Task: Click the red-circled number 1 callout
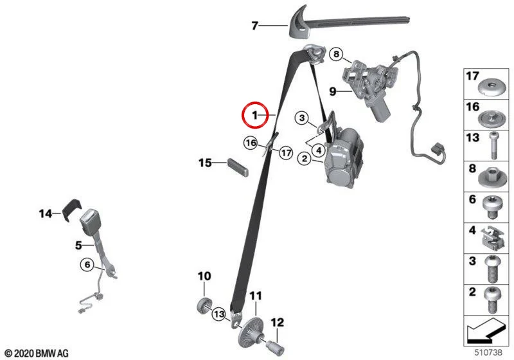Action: (x=255, y=115)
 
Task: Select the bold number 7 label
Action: (x=255, y=26)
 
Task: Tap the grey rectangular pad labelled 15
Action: (x=238, y=167)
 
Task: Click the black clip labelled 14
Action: (x=72, y=209)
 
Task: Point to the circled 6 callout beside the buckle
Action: (x=87, y=264)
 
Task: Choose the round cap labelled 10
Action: (x=204, y=305)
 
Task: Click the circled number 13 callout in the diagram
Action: (x=219, y=314)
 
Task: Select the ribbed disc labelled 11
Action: (x=251, y=331)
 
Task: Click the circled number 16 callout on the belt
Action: (x=251, y=143)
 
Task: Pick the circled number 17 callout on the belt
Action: (x=286, y=153)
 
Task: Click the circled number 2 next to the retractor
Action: (x=305, y=159)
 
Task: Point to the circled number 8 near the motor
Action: (x=336, y=54)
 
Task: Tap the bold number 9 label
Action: (x=333, y=91)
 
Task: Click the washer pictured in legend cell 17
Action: (x=490, y=89)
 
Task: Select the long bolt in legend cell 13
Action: (x=493, y=145)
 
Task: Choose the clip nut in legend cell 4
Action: (x=492, y=237)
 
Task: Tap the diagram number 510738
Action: (x=488, y=352)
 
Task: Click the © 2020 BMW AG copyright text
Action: (x=37, y=354)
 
